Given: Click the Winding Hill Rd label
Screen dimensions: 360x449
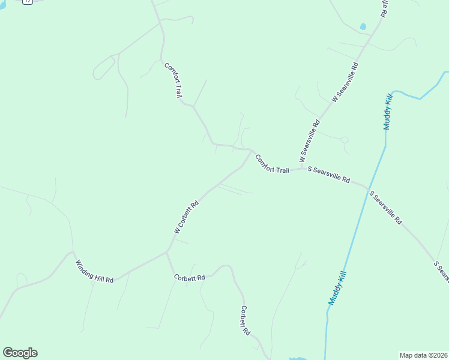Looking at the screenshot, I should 94,272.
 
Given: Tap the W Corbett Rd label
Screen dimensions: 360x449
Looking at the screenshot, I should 186,217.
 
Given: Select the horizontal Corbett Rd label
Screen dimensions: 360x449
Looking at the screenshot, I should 190,277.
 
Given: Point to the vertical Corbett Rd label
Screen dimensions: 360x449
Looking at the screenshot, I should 244,320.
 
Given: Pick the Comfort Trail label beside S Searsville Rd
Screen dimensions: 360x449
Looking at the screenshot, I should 272,164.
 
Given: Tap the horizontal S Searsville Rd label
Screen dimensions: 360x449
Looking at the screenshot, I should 328,174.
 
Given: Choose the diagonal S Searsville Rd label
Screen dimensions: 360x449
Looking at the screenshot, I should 385,208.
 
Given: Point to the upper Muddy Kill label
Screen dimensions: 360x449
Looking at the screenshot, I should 388,111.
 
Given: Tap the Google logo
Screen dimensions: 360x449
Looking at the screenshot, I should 20,353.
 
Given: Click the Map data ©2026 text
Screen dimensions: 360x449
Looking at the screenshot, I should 423,355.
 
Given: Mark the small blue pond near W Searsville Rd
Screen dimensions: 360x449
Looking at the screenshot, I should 363,27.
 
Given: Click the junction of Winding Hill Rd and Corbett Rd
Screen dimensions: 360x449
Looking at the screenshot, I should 167,253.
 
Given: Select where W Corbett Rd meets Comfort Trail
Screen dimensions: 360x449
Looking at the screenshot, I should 252,151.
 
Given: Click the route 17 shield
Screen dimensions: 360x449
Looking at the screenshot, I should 27,2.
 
